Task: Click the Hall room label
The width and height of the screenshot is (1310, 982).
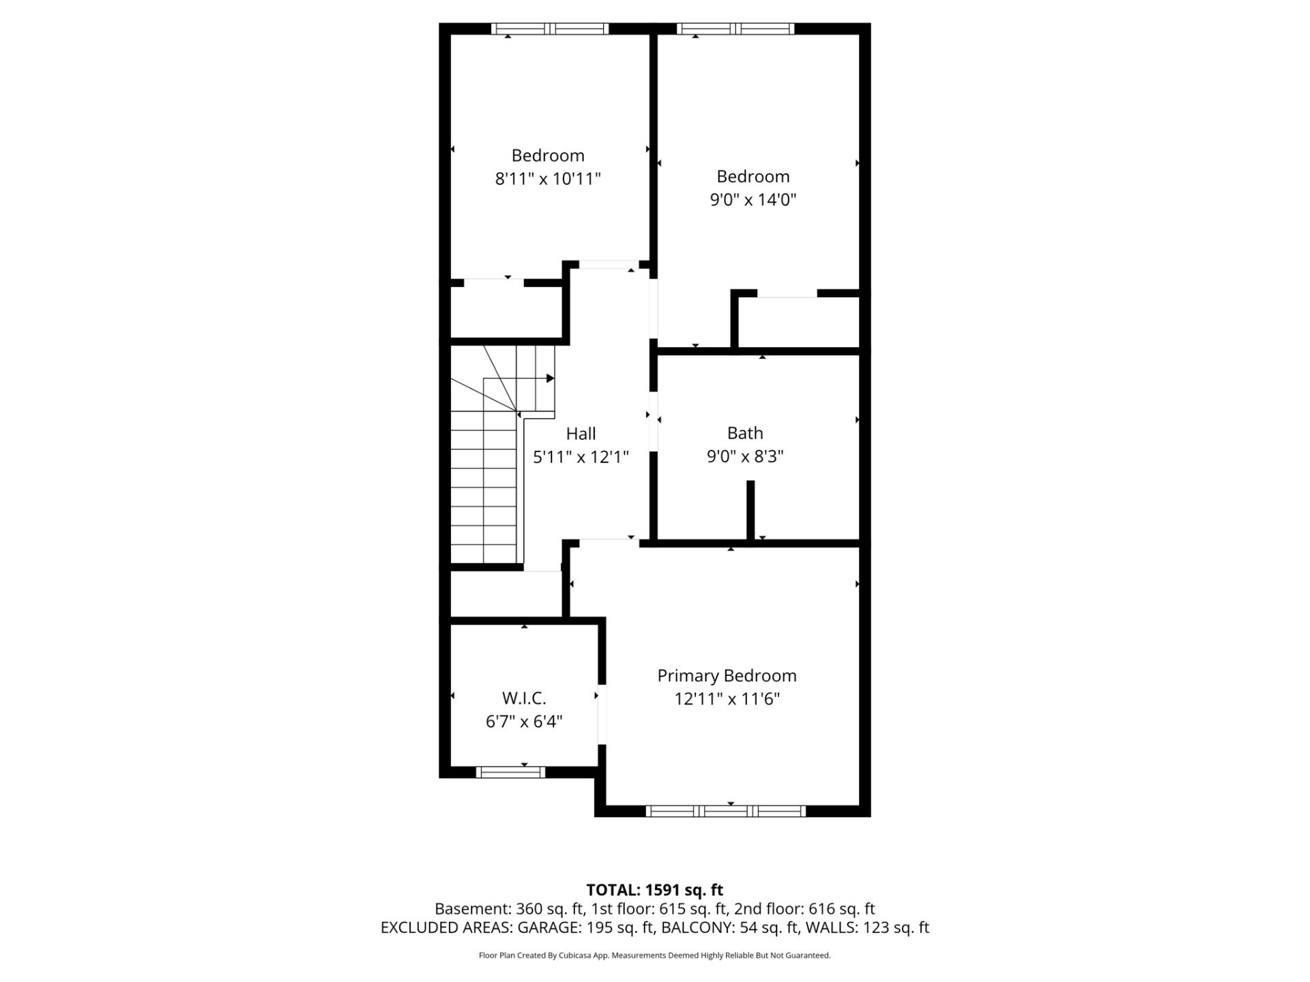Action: (581, 434)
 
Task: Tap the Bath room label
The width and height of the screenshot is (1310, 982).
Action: (745, 433)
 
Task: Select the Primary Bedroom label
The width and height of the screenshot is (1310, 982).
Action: (727, 676)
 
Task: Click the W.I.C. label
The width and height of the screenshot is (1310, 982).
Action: (524, 698)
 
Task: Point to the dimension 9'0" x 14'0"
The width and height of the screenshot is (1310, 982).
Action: (753, 200)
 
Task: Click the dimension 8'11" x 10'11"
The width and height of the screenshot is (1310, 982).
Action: (548, 179)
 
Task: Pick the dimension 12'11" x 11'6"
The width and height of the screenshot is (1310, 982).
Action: (727, 699)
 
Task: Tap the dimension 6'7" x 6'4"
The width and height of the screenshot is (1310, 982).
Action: (524, 721)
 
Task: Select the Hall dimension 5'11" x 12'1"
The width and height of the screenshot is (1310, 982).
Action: (581, 457)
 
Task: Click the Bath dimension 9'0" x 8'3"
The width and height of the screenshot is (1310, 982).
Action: (745, 456)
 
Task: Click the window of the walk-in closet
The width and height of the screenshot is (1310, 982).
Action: (510, 772)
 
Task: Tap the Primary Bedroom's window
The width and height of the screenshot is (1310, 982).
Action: (726, 811)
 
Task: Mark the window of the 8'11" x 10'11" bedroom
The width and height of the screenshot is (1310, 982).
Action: (550, 29)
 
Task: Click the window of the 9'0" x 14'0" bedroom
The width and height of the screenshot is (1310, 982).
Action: (736, 29)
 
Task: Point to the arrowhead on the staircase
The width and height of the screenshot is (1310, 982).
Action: (550, 378)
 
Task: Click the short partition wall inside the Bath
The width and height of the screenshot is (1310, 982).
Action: (751, 510)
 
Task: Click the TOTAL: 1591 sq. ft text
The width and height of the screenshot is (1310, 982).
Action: (655, 890)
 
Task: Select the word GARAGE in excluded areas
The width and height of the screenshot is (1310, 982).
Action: (548, 927)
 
